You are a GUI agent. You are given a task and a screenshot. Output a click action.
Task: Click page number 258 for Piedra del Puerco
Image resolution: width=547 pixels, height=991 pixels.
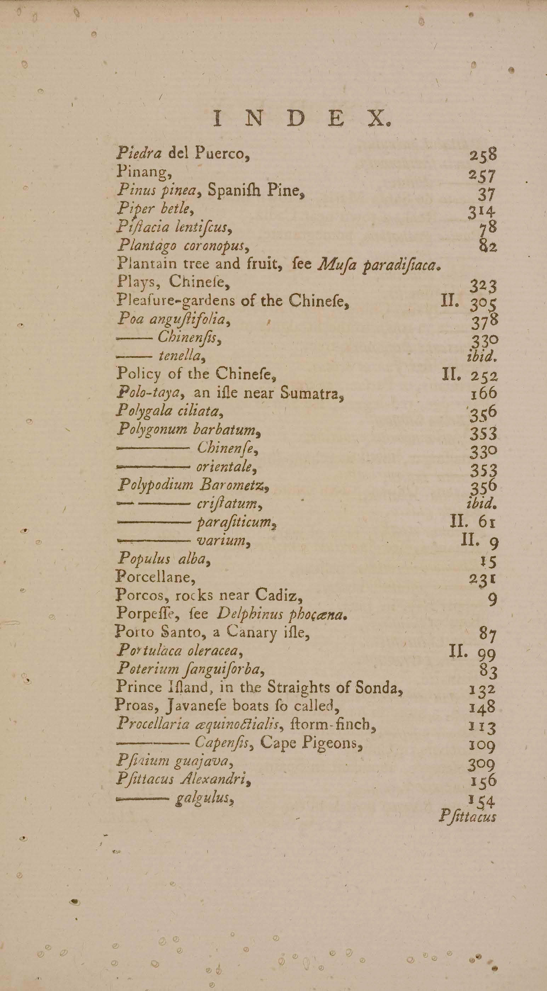483,156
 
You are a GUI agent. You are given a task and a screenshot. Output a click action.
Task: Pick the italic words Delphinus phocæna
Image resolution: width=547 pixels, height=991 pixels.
283,614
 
